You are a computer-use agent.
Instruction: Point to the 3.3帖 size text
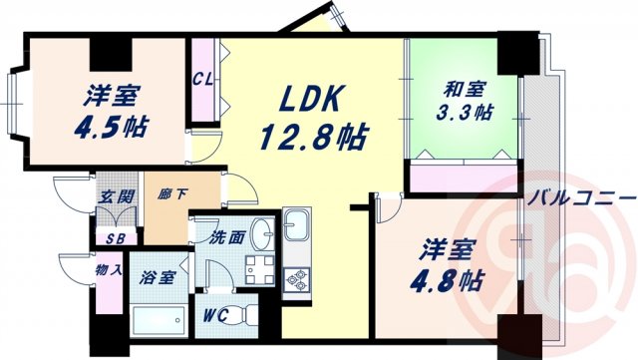[x=467, y=112]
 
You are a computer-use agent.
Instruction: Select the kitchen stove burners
[x=297, y=281]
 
